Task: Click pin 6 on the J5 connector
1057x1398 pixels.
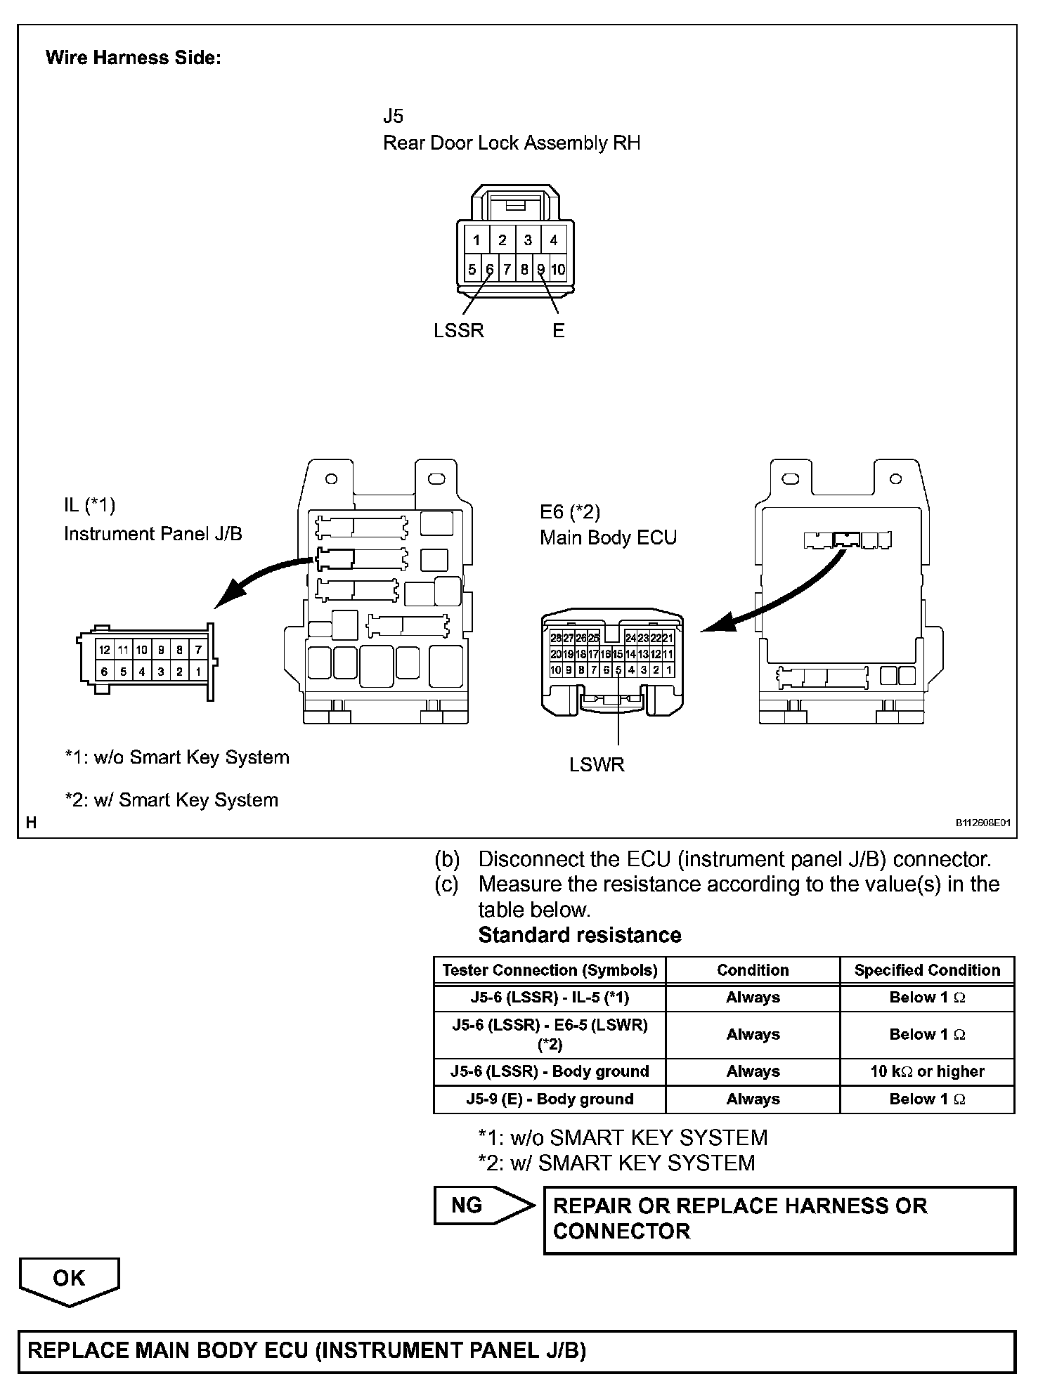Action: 490,269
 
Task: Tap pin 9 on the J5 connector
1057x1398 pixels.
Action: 541,269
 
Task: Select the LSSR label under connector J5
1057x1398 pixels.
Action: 459,330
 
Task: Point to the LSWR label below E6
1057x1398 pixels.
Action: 597,764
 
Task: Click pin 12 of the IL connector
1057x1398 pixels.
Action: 104,651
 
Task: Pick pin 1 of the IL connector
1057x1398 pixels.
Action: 198,672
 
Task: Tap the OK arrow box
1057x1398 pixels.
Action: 70,1278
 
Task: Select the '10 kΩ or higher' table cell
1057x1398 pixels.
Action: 927,1071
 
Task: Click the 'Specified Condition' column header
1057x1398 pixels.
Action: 927,970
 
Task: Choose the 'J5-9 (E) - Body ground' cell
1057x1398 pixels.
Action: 550,1099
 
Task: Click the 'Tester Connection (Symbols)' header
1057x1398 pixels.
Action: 550,970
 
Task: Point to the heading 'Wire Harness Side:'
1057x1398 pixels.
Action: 134,58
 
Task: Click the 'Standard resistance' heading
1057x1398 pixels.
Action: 580,935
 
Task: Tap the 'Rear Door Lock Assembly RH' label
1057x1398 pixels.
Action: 511,143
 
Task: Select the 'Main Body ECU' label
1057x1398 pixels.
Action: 608,538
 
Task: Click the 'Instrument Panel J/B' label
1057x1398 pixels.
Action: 153,534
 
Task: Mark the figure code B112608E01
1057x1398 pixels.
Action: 982,823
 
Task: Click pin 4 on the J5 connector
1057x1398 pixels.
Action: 554,240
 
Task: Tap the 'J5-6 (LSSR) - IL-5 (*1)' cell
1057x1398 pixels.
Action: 550,998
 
